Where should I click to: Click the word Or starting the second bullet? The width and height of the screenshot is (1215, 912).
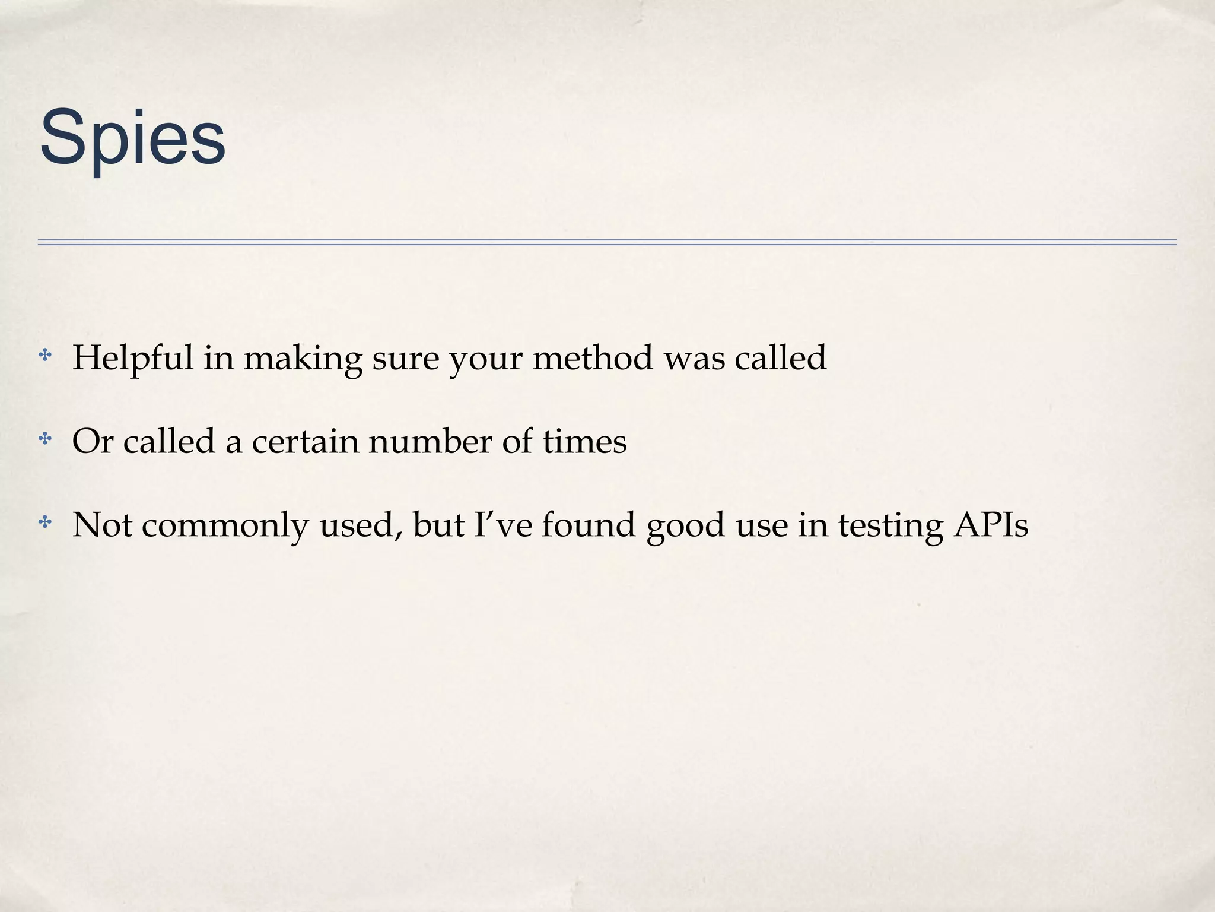tap(93, 442)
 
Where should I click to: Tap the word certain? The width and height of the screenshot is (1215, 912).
tap(305, 442)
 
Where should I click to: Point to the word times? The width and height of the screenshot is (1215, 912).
tap(584, 442)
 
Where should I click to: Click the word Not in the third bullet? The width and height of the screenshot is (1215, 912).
tap(101, 525)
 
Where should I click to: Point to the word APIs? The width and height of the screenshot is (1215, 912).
tap(991, 525)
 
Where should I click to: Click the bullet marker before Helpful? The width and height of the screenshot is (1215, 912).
tap(45, 356)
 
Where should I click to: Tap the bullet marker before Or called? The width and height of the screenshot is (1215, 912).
tap(45, 439)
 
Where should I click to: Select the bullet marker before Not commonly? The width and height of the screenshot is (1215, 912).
tap(45, 522)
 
